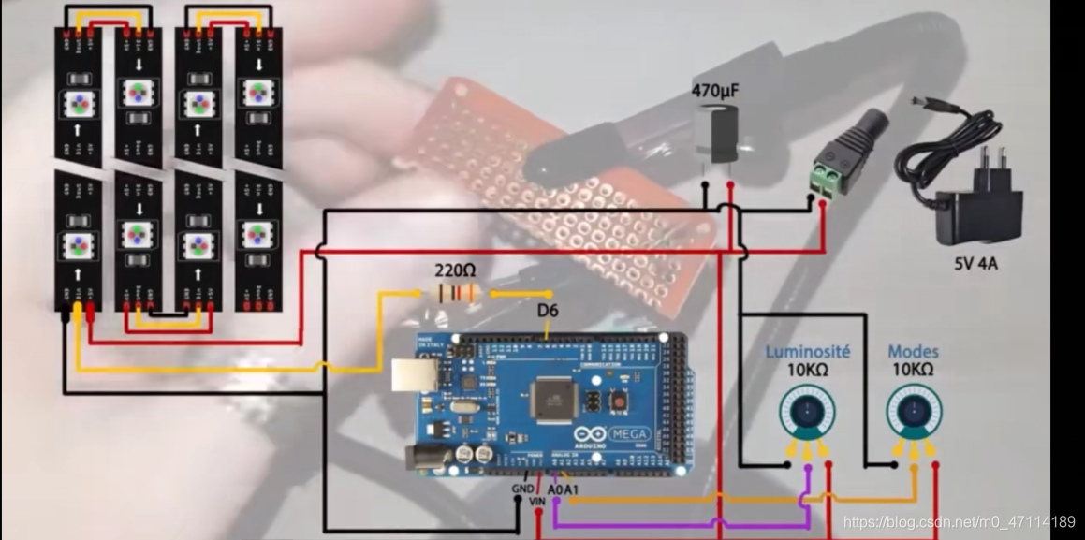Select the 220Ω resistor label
(455, 270)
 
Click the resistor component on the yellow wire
(456, 293)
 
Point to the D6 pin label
(549, 310)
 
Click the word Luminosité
(807, 352)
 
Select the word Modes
(912, 352)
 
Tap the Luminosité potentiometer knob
(806, 412)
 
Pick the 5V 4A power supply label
(975, 264)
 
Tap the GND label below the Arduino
(521, 488)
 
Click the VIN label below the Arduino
(537, 502)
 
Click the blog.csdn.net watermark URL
(959, 521)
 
